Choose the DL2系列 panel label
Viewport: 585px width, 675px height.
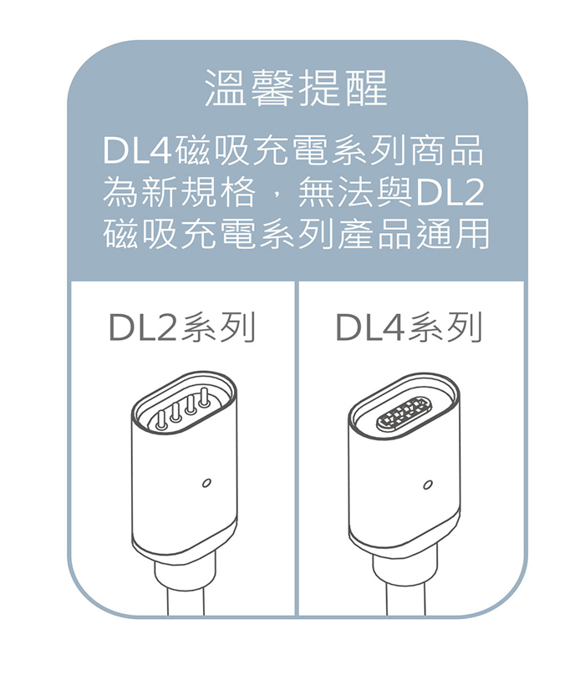[x=181, y=328]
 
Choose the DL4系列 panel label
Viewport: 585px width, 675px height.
[x=409, y=328]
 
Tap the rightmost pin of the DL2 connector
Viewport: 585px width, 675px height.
[x=205, y=402]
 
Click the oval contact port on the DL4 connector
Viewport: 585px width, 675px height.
[x=402, y=414]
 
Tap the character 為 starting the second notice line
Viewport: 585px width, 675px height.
[x=118, y=194]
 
